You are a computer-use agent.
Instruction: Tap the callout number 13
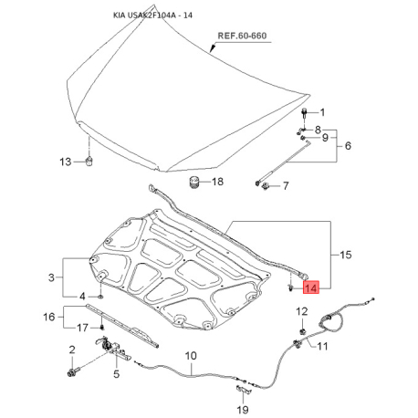click(x=64, y=162)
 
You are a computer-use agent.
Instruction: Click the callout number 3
click(x=52, y=277)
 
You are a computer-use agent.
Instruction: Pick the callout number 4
click(x=83, y=297)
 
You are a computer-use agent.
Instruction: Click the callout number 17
click(x=83, y=328)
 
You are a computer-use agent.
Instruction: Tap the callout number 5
click(x=116, y=373)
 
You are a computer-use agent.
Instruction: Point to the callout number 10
click(x=191, y=355)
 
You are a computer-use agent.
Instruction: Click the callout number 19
click(x=243, y=411)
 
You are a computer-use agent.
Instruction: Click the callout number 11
click(x=319, y=346)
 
